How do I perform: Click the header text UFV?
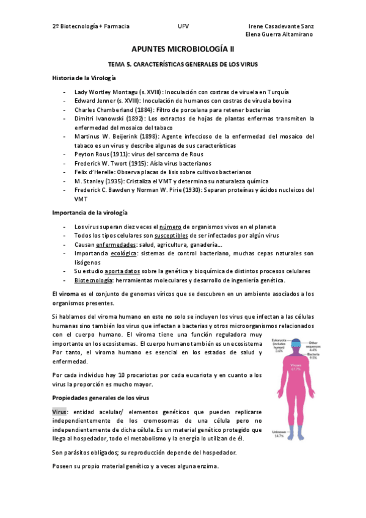pyautogui.click(x=183, y=26)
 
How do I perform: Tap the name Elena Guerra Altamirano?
pyautogui.click(x=279, y=35)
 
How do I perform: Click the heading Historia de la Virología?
pyautogui.click(x=84, y=78)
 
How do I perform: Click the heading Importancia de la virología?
pyautogui.click(x=90, y=212)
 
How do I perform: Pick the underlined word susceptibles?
pyautogui.click(x=175, y=235)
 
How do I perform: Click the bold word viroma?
pyautogui.click(x=68, y=294)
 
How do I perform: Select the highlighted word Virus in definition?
pyautogui.click(x=59, y=412)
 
